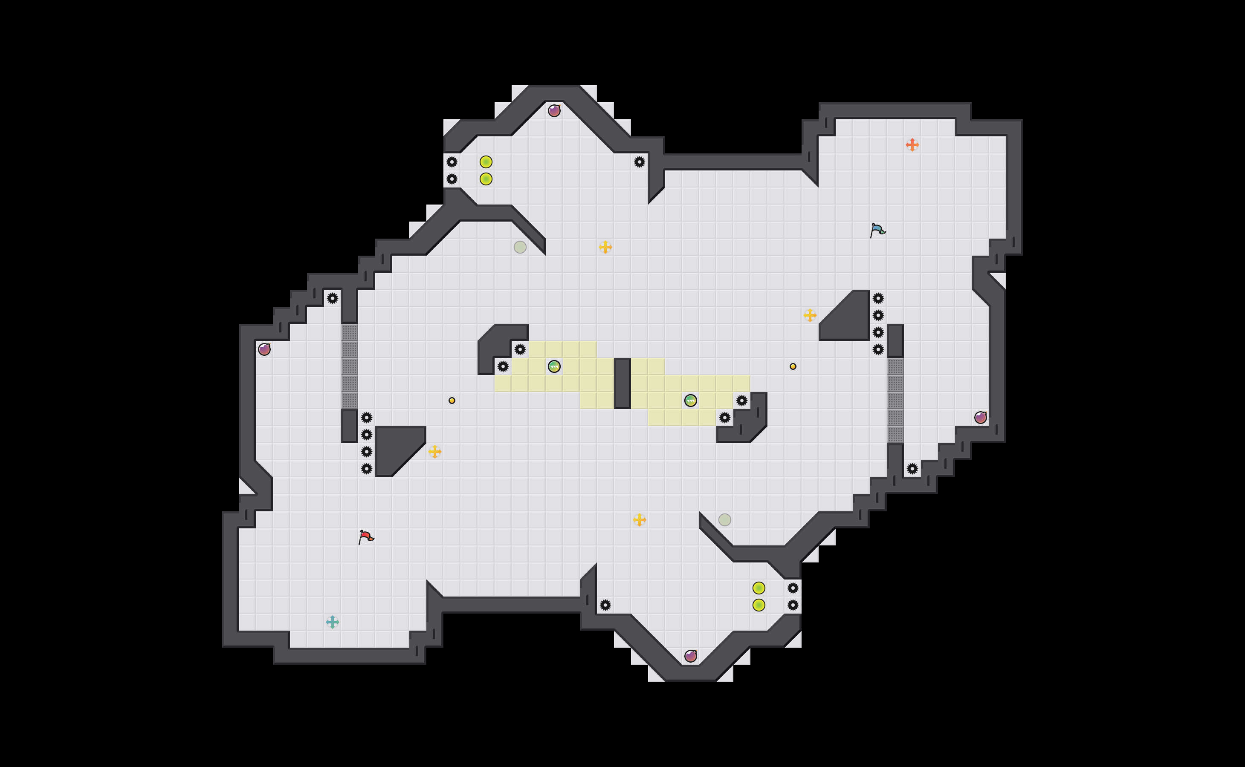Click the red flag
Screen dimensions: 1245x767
coord(365,537)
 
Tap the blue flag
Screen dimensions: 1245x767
coord(877,230)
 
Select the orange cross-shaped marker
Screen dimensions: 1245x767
coord(912,145)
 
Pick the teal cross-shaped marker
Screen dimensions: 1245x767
coord(333,622)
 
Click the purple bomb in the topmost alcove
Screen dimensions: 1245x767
coord(554,111)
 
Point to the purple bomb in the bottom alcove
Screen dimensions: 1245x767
coord(691,656)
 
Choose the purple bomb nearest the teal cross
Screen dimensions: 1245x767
coord(264,349)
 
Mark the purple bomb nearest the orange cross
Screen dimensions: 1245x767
coord(981,418)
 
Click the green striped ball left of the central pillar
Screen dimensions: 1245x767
coord(554,366)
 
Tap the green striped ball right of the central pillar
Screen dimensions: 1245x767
coord(691,401)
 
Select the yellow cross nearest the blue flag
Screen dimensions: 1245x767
coord(810,315)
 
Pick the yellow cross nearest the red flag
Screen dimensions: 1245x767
coord(435,452)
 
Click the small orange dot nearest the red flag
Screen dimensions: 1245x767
coord(452,401)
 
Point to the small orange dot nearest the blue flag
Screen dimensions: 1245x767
coord(793,366)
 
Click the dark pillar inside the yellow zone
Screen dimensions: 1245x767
coord(622,383)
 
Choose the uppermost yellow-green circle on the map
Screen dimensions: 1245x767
coord(486,162)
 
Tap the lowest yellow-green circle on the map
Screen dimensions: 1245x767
coord(759,605)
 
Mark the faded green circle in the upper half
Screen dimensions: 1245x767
coord(520,247)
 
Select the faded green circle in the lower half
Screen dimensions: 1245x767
coord(725,519)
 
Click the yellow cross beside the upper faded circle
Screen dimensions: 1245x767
coord(605,247)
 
